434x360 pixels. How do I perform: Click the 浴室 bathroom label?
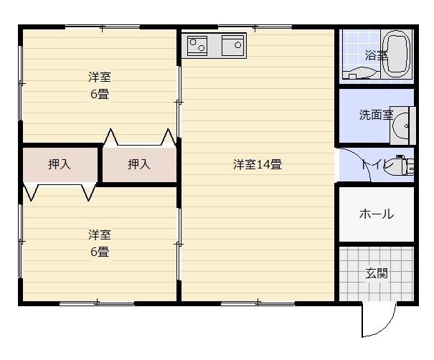click(376, 55)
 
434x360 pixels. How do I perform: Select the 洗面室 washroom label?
click(374, 115)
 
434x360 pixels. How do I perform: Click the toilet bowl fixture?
click(405, 166)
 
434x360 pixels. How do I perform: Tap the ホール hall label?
click(376, 214)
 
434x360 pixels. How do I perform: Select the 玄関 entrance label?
click(377, 273)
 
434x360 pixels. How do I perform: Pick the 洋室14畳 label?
click(257, 164)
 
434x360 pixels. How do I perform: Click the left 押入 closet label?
click(60, 164)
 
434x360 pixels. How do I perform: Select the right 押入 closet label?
click(139, 164)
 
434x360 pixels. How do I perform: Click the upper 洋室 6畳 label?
click(100, 85)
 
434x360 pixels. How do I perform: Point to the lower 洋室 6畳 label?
click(99, 243)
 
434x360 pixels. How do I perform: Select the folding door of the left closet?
click(60, 192)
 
